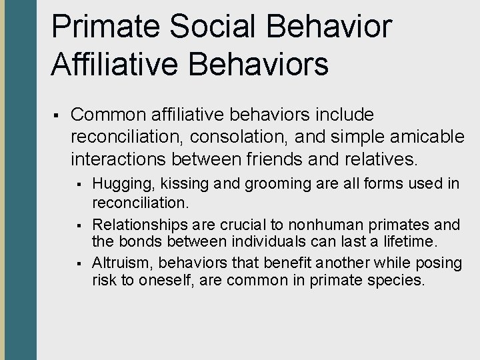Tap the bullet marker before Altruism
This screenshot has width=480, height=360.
(x=79, y=264)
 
